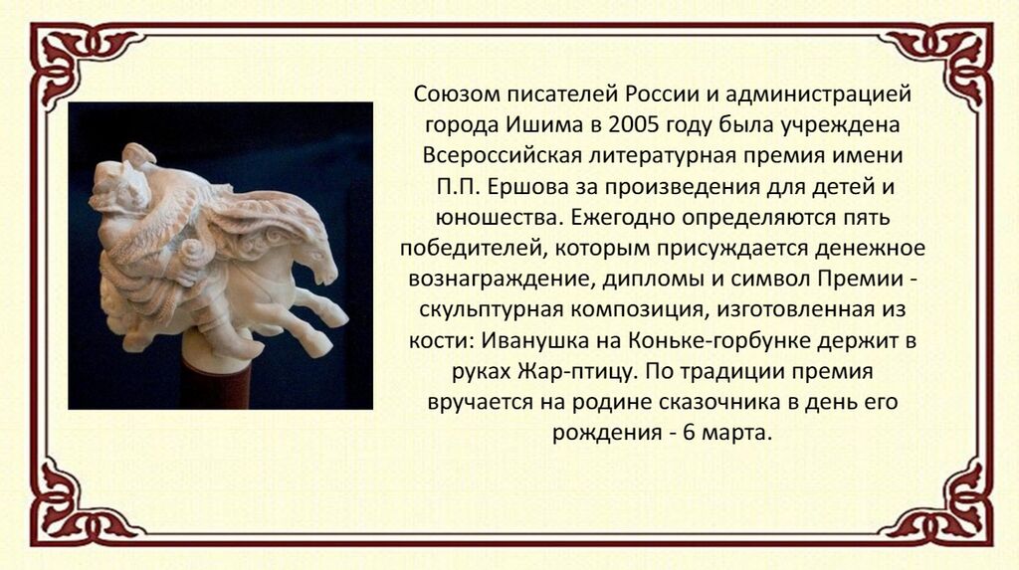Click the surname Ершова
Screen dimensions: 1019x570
click(527, 187)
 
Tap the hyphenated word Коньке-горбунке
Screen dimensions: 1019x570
click(719, 341)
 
